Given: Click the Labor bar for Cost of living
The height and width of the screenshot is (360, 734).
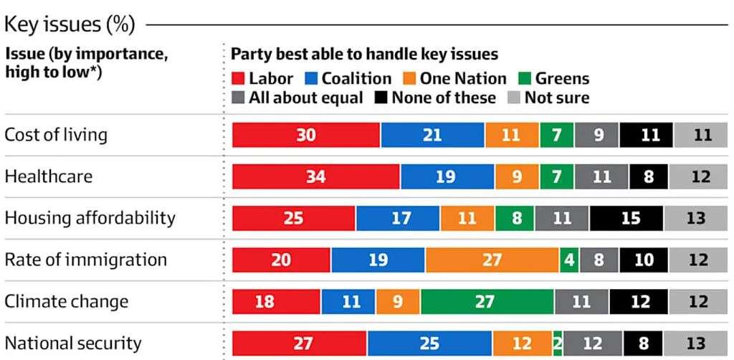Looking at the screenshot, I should point(306,135).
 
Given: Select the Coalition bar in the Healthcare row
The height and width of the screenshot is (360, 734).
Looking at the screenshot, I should point(447,176).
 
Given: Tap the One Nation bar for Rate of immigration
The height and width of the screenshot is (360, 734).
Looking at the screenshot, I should point(492,260).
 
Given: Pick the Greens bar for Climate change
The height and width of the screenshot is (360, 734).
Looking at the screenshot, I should point(487,301).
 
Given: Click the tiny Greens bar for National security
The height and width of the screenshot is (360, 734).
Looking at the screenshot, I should point(557,343).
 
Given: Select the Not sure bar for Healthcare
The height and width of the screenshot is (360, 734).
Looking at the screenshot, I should point(700,176).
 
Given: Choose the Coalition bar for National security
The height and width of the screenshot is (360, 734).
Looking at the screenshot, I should point(429,343).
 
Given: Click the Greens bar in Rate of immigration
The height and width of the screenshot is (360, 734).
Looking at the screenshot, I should point(569,260).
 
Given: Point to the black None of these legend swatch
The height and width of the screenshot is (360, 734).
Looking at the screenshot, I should point(380,98).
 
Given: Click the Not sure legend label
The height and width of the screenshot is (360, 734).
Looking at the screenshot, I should point(557,98).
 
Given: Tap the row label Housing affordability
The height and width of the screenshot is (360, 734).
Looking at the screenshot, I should point(90,218).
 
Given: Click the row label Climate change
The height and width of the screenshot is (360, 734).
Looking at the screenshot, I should point(67,301).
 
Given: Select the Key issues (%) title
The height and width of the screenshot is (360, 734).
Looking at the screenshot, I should point(70,25).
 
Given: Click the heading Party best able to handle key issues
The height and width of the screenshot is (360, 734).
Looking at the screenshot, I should point(364,55).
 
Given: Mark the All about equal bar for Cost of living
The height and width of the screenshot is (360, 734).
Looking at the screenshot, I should point(596,135).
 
